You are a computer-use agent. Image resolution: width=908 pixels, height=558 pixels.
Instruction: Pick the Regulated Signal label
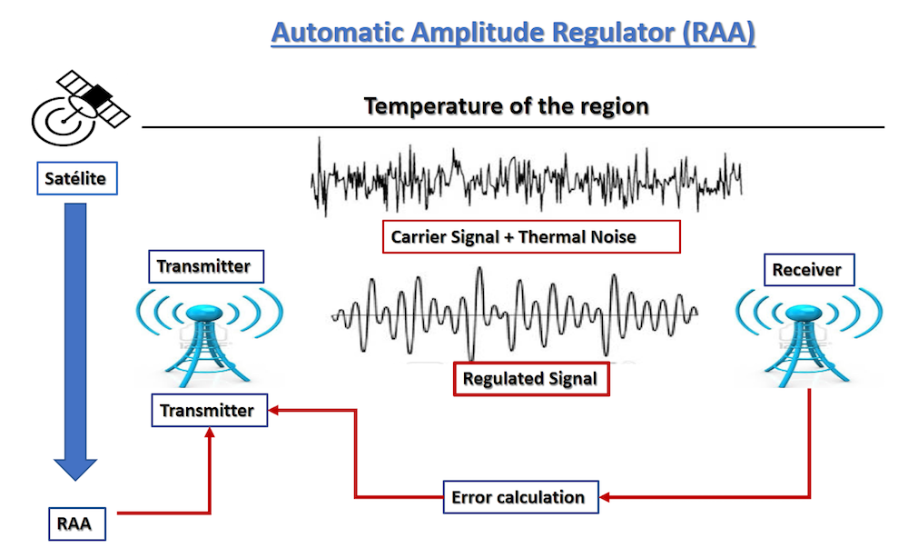click(x=530, y=379)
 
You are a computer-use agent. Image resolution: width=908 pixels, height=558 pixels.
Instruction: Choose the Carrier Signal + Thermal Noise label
click(x=531, y=237)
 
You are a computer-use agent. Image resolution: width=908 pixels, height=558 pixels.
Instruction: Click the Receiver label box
click(x=806, y=269)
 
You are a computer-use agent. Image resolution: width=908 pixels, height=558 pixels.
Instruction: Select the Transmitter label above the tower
click(x=203, y=266)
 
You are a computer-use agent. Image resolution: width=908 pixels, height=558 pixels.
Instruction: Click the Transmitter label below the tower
click(x=208, y=411)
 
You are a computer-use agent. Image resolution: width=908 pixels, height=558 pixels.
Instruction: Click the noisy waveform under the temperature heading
click(x=527, y=177)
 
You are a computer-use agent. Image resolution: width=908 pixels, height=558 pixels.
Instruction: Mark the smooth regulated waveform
click(x=515, y=313)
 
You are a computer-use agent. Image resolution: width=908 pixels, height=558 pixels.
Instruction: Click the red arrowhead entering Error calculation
click(x=606, y=497)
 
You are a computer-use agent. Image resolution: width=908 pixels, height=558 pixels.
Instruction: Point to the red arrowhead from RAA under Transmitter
click(x=210, y=435)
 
